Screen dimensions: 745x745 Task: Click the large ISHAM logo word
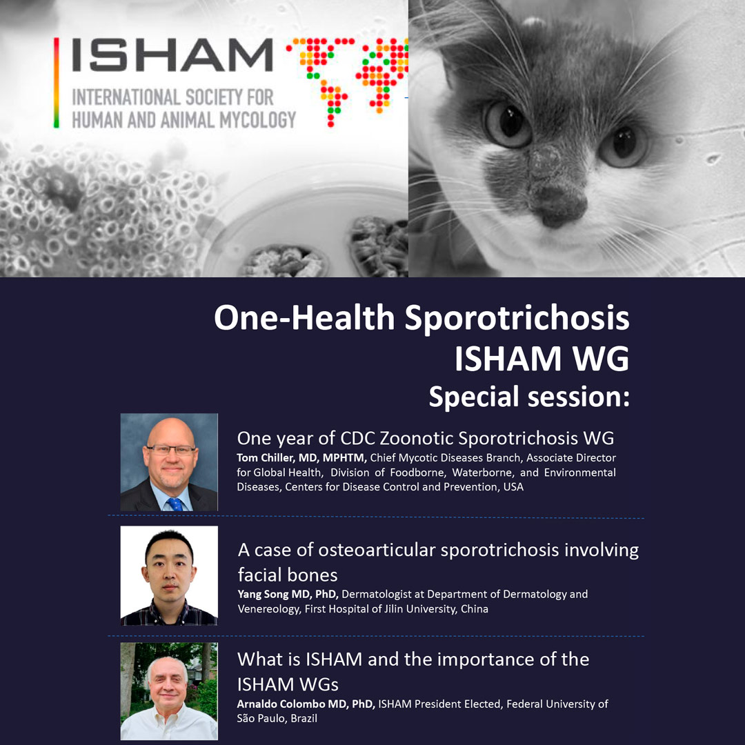(x=172, y=55)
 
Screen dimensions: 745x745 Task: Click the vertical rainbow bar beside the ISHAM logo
(x=57, y=83)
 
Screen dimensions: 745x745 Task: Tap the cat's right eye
(x=622, y=144)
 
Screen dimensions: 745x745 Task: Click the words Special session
(x=529, y=397)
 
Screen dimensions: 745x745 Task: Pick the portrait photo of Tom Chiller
(x=169, y=462)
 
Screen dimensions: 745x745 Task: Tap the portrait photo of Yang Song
(x=169, y=575)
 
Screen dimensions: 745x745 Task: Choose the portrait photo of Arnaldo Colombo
(x=169, y=691)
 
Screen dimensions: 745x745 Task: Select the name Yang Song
(x=262, y=595)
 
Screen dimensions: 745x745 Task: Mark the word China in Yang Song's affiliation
(x=474, y=609)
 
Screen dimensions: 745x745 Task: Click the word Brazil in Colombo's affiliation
(x=304, y=718)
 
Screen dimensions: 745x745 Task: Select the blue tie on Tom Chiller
(x=175, y=504)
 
